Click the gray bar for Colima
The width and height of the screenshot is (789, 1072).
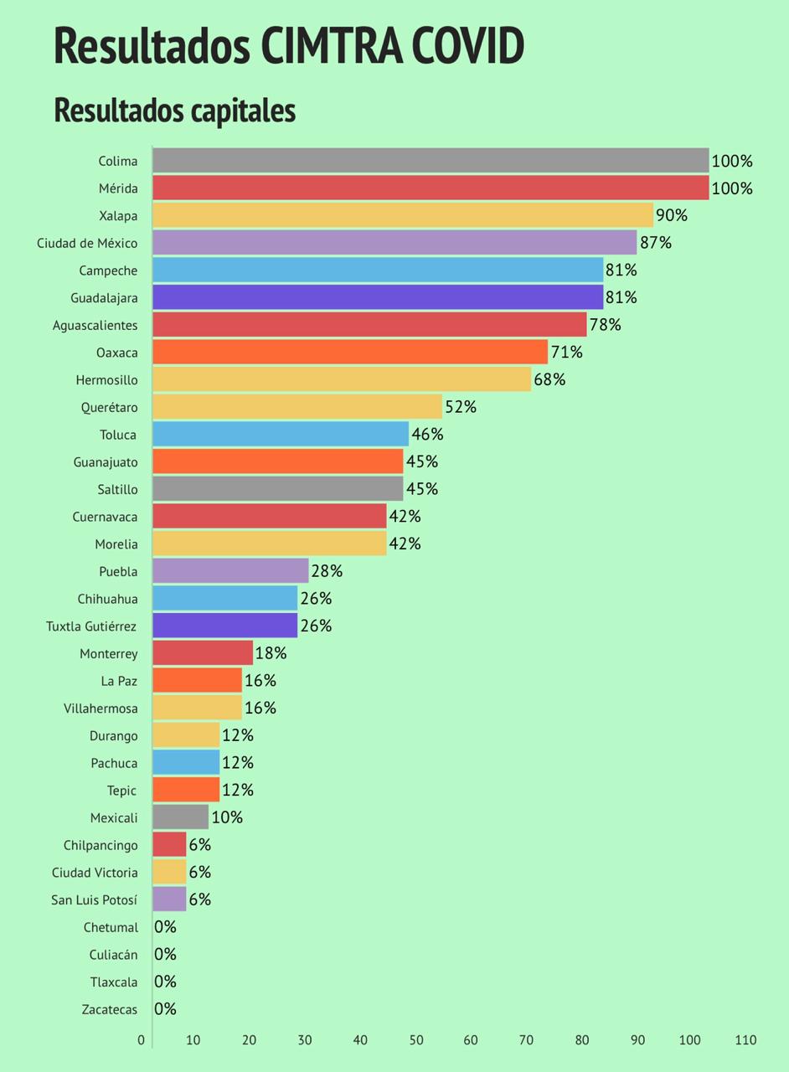431,161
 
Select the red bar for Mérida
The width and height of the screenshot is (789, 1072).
431,188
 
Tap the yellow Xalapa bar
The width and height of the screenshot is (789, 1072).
402,215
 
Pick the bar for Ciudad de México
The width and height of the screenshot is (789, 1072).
394,243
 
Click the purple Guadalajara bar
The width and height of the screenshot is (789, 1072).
377,297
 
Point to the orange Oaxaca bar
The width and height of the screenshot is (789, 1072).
349,352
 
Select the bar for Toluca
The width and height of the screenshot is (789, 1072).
280,434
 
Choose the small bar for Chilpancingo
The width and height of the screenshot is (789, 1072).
169,844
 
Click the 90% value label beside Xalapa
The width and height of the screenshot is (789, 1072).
672,215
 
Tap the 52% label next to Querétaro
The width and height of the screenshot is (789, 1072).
461,407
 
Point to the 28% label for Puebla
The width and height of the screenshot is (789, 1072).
327,571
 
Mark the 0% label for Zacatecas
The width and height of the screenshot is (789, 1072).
166,1009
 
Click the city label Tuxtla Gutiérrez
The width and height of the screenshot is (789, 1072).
91,626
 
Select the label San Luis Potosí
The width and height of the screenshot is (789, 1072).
94,900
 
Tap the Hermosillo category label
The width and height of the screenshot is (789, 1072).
106,380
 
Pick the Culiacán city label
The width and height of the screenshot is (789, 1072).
113,955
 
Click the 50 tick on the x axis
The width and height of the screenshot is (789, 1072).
415,1040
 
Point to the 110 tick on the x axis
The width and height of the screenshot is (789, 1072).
745,1040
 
